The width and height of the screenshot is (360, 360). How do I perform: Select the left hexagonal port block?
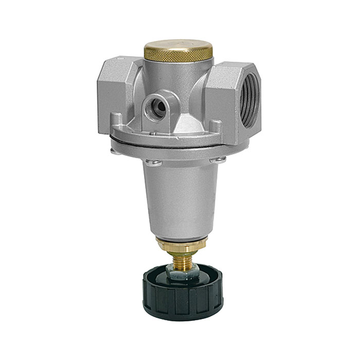click(114, 95)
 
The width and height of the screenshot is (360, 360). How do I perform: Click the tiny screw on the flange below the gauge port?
click(153, 133)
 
